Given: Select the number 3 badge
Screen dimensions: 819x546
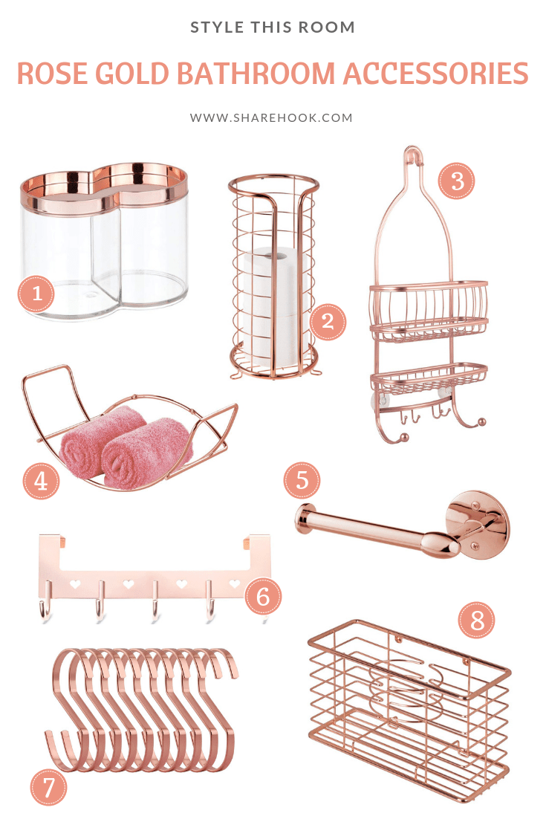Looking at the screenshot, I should (x=456, y=180).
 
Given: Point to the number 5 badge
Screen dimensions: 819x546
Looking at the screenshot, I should (x=302, y=480).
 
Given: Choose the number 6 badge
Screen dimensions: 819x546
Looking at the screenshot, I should (x=264, y=595).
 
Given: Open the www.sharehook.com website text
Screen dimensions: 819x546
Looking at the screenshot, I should (x=272, y=117).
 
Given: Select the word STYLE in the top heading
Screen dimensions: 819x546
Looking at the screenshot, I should (x=215, y=27).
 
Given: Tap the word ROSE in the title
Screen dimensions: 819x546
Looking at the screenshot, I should (x=53, y=74).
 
